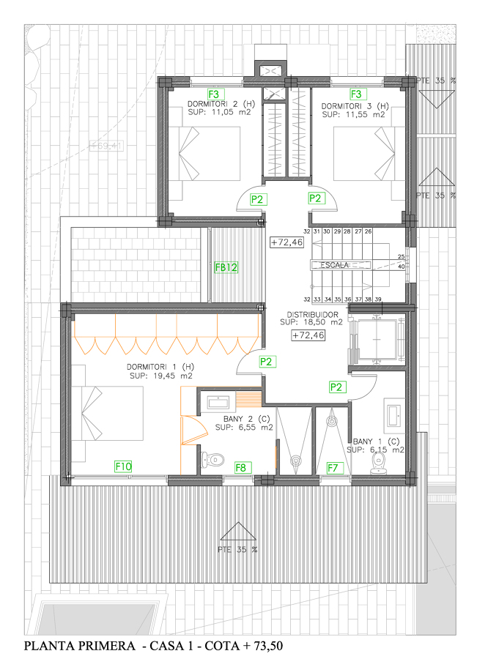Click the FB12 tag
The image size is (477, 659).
coord(226,268)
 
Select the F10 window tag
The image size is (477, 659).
coord(123,466)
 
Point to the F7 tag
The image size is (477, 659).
coord(333,467)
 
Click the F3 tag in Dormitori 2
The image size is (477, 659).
coord(214,94)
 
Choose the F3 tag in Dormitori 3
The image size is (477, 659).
coord(356,94)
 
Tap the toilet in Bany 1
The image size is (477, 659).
coord(379,460)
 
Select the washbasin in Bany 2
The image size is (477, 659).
coord(218,402)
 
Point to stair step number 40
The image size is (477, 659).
coord(401,267)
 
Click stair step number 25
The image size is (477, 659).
coord(401,257)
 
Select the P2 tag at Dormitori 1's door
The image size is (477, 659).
coord(267,362)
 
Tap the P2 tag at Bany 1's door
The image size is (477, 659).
coord(337,387)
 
